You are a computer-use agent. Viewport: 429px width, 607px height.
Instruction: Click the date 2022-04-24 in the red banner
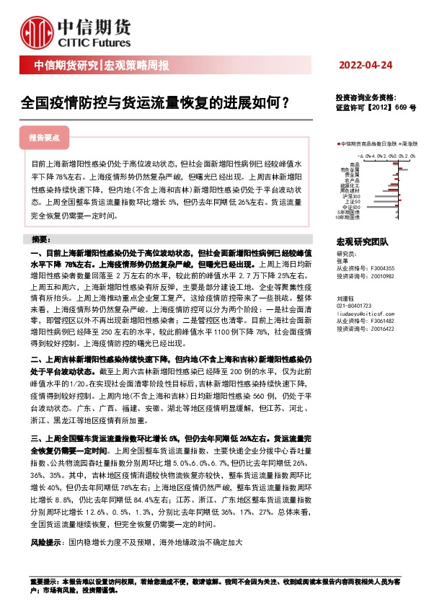pyautogui.click(x=365, y=65)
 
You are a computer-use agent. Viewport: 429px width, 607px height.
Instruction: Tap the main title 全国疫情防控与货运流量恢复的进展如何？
pyautogui.click(x=156, y=102)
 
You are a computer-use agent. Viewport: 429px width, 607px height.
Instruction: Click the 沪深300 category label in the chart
pyautogui.click(x=353, y=195)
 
